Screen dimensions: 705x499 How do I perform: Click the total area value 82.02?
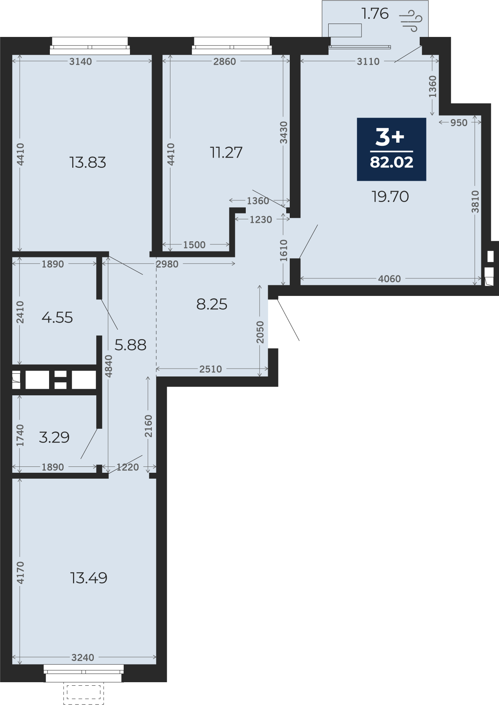[x=391, y=162]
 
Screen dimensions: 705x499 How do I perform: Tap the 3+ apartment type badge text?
[x=389, y=137]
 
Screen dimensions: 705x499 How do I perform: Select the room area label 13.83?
[x=88, y=162]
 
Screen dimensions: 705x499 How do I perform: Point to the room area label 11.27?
[x=226, y=152]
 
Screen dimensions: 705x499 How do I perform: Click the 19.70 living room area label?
[x=390, y=196]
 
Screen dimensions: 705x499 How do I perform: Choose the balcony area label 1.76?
[x=375, y=14]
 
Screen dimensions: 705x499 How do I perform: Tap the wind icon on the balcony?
[x=411, y=20]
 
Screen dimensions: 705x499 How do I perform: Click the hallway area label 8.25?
[x=212, y=304]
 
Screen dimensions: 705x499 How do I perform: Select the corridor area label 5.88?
[x=130, y=345]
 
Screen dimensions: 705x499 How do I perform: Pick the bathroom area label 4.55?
[x=57, y=318]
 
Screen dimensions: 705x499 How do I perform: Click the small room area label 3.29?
[x=54, y=437]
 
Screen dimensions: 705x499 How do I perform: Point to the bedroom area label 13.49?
[x=89, y=578]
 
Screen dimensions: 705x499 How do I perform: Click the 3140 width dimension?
[x=80, y=61]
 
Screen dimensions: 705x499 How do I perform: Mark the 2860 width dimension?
[x=225, y=61]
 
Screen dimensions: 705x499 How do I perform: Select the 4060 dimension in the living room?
[x=389, y=279]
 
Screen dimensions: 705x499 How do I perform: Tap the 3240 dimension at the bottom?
[x=83, y=657]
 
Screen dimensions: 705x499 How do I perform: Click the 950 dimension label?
[x=459, y=123]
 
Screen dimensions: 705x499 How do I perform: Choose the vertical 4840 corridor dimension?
[x=109, y=366]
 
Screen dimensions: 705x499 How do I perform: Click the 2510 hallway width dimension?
[x=210, y=369]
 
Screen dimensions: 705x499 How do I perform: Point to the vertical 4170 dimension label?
[x=20, y=573]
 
